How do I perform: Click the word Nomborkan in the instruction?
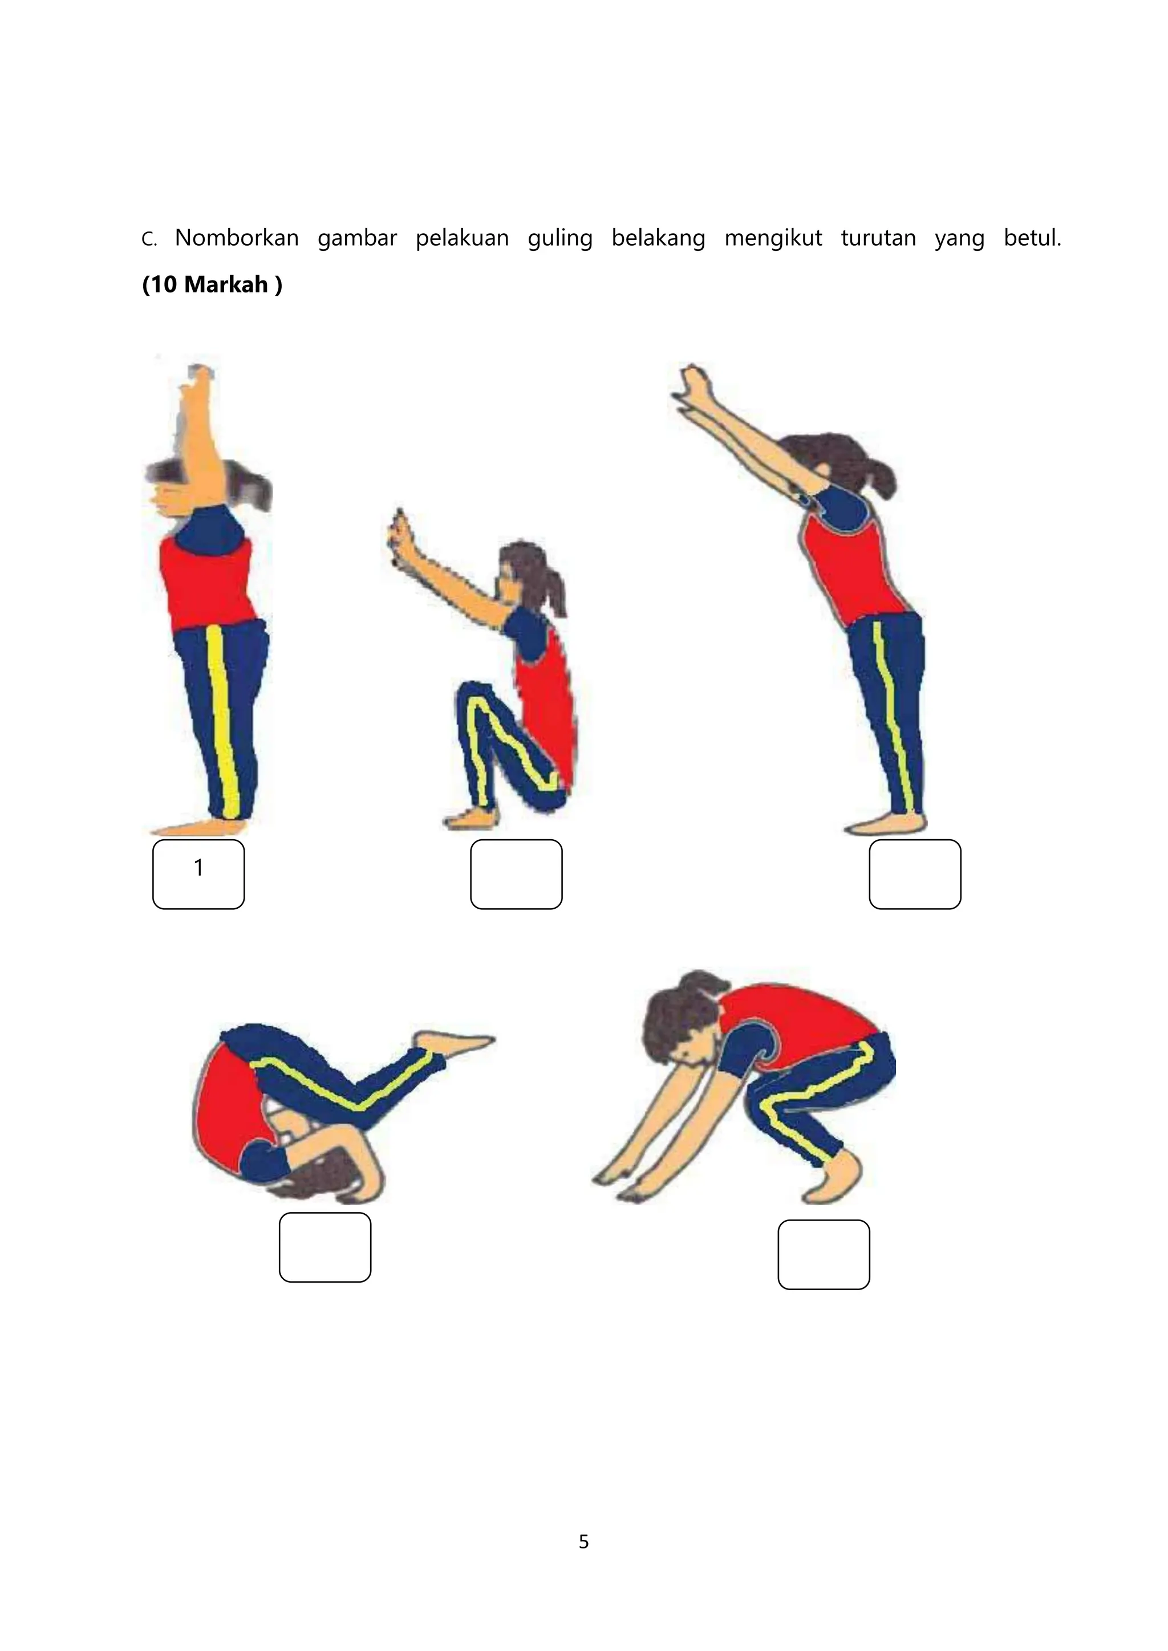(237, 237)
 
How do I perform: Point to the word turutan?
(878, 238)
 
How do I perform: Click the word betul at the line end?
(1032, 237)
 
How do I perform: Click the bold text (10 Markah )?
(212, 284)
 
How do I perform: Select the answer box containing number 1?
(198, 874)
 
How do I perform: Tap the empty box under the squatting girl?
(516, 874)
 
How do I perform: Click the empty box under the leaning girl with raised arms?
(915, 874)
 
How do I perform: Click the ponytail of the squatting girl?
(554, 594)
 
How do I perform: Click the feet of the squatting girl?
(471, 818)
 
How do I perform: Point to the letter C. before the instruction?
(149, 239)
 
